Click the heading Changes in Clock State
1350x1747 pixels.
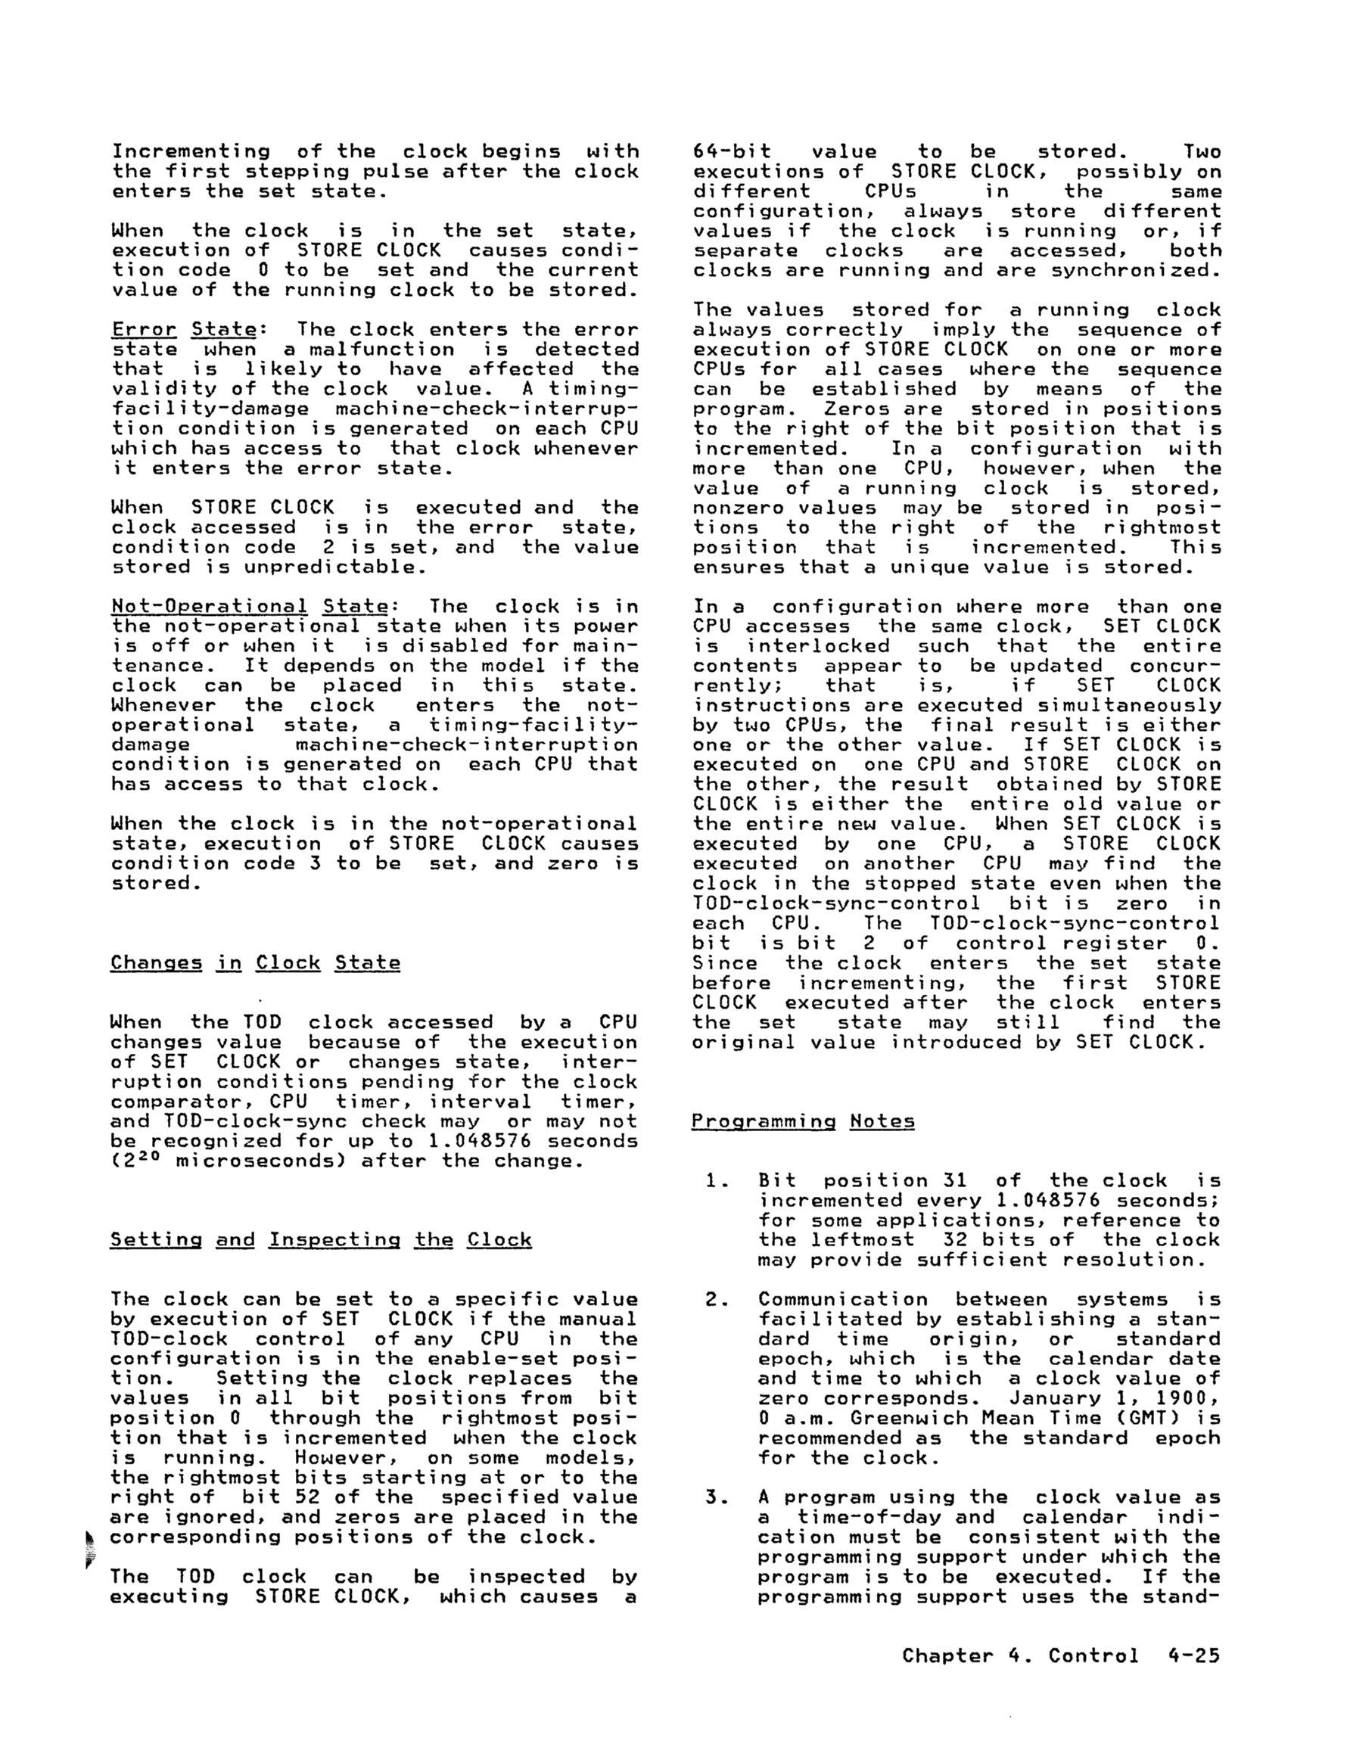tap(255, 962)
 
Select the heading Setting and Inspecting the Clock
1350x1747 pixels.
tap(321, 1240)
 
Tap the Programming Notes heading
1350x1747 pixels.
tap(803, 1121)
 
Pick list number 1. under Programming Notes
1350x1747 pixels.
tap(714, 1180)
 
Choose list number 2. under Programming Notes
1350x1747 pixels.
tap(714, 1300)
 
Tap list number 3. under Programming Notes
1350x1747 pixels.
tap(714, 1497)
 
